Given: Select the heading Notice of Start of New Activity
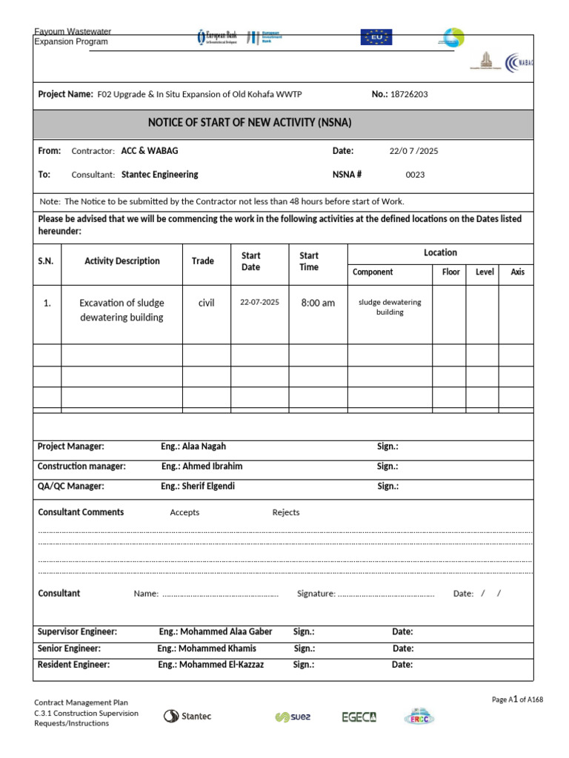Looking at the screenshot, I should click(250, 123).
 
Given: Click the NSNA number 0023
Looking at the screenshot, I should click(415, 175).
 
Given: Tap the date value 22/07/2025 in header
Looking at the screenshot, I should click(413, 151).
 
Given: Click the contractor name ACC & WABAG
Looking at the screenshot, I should click(150, 150).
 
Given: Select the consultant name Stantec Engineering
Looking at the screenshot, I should click(159, 175).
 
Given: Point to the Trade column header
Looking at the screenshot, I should click(202, 261).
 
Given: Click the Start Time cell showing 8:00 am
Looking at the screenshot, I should click(317, 303).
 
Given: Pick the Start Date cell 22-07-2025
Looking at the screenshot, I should click(259, 302).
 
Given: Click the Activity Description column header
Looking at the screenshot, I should click(122, 261).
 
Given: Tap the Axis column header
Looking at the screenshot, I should click(517, 272).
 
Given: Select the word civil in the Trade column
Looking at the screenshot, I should click(206, 303).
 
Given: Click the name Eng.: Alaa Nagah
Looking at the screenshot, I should click(193, 446).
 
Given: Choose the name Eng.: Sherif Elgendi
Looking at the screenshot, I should click(199, 486).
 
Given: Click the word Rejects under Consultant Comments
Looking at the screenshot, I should click(286, 512).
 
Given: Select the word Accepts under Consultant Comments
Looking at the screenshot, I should click(184, 512).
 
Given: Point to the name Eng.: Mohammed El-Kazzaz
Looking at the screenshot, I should click(210, 665).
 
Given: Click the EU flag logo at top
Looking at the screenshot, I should click(376, 37).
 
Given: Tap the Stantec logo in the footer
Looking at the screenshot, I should click(187, 716).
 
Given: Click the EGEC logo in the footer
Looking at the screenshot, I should click(359, 717).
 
